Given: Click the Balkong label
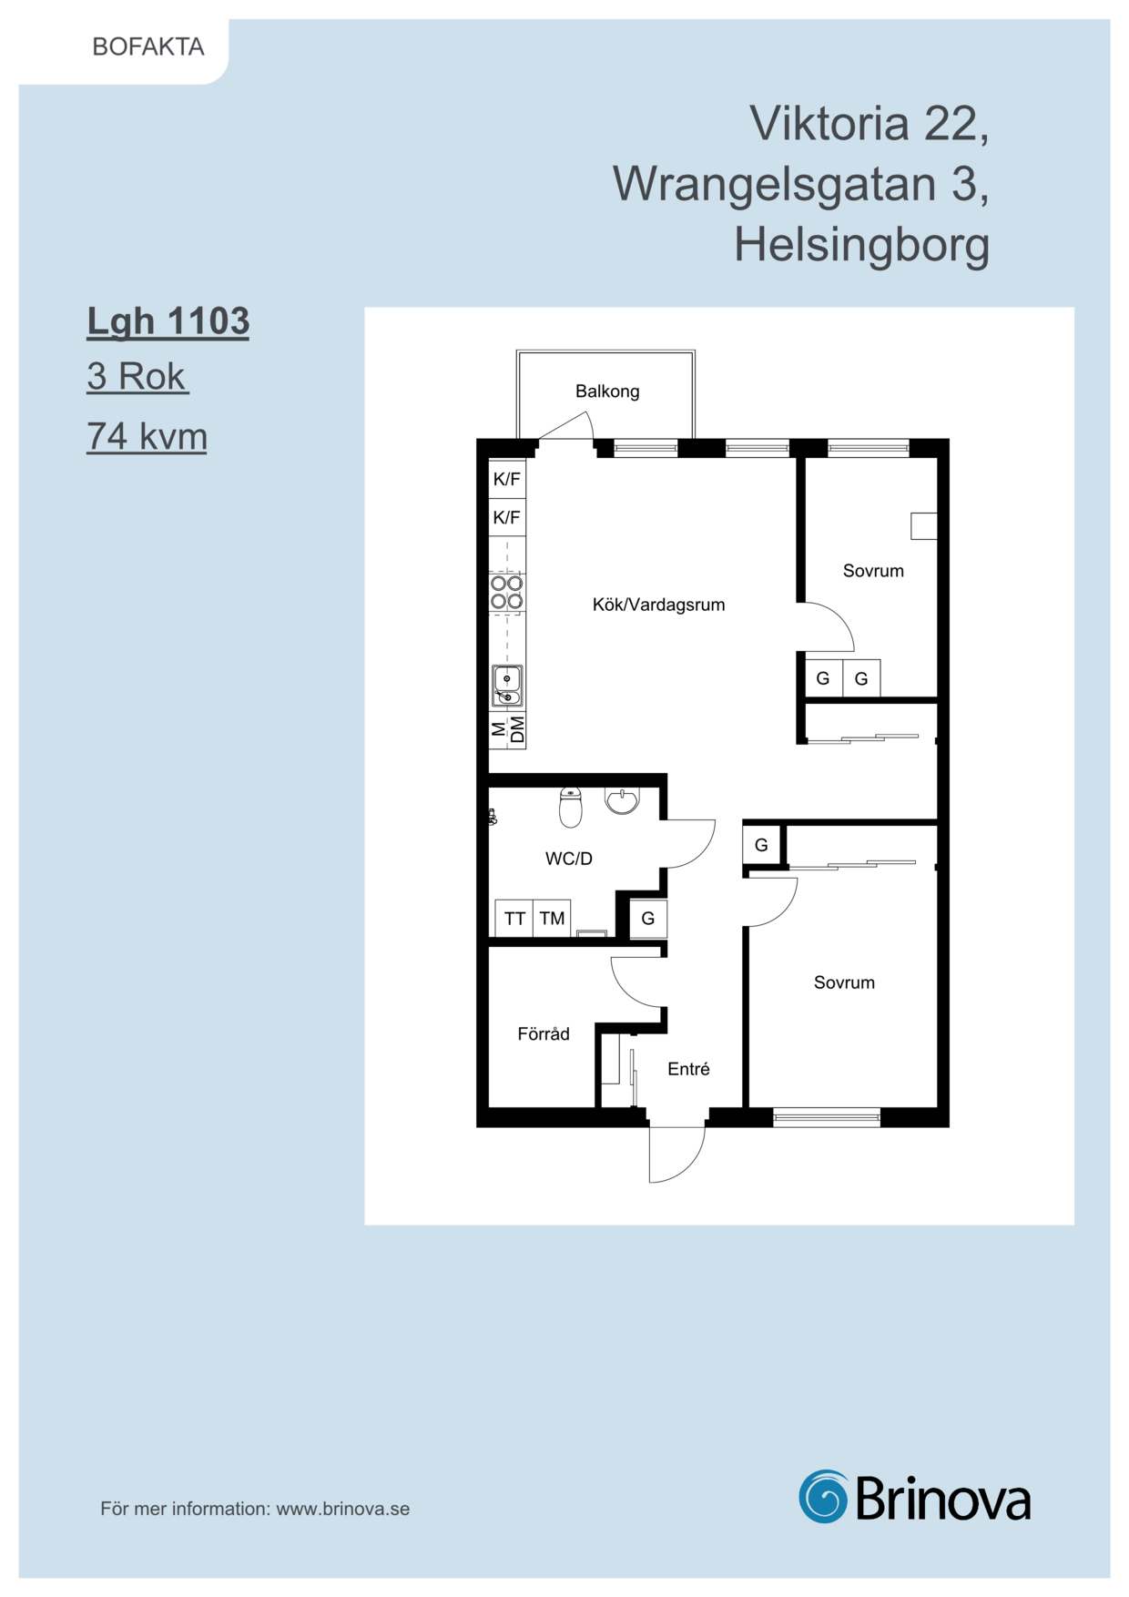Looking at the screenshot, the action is click(x=607, y=392).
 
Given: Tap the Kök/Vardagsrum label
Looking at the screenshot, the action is click(x=658, y=605).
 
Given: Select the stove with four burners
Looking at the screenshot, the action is click(x=507, y=592).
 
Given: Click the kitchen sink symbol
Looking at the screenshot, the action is click(x=507, y=686).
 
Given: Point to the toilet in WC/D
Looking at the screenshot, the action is click(x=570, y=807).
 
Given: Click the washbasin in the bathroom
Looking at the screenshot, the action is click(x=622, y=800).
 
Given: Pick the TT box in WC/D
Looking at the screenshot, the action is click(x=514, y=918).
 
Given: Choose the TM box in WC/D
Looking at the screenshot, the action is click(x=552, y=918).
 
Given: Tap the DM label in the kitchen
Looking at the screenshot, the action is click(x=517, y=729).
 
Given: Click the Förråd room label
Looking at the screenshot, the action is click(x=544, y=1034).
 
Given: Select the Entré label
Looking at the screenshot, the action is click(x=688, y=1069).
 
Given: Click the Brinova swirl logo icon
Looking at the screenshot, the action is click(x=823, y=1496).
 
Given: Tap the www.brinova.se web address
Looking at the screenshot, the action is click(x=343, y=1509).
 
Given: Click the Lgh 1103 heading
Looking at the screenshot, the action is click(x=168, y=321).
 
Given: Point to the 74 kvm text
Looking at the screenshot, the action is click(x=147, y=436).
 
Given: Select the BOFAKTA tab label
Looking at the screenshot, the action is click(x=148, y=46).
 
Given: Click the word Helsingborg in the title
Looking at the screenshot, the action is click(x=862, y=246).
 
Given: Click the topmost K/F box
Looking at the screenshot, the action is click(x=507, y=479).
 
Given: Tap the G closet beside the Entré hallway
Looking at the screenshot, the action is click(x=648, y=918).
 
